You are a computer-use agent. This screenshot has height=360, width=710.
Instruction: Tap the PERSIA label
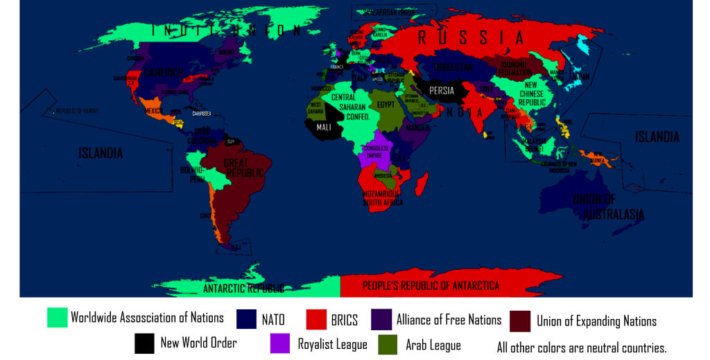click(x=442, y=90)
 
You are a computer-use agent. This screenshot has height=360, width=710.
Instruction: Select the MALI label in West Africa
click(x=324, y=128)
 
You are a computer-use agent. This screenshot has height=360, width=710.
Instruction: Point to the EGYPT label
click(x=386, y=105)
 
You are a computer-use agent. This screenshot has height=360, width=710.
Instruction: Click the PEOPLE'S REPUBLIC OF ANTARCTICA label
click(x=431, y=286)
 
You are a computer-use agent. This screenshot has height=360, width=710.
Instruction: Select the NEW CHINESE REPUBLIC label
click(x=532, y=94)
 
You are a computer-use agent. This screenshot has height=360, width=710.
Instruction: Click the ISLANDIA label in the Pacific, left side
click(x=101, y=153)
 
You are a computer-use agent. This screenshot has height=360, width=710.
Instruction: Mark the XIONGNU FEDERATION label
click(x=514, y=69)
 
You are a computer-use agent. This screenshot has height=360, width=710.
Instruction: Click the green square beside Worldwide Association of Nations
click(x=57, y=318)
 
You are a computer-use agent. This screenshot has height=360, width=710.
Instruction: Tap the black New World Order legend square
click(x=144, y=343)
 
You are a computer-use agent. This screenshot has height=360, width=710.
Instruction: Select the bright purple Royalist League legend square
click(x=280, y=343)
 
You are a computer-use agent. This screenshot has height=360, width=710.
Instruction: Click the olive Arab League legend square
click(x=388, y=344)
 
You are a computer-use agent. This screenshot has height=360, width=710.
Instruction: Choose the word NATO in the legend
click(x=272, y=320)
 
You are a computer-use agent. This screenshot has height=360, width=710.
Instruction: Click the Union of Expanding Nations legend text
click(x=596, y=321)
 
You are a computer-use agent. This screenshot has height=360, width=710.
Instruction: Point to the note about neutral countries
click(x=581, y=348)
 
